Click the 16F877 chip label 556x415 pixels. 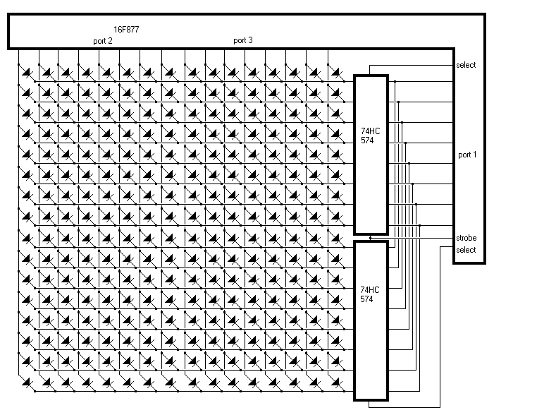(x=126, y=30)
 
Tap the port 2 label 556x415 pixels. (x=102, y=41)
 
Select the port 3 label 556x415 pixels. (x=242, y=41)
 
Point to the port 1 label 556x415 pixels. (x=467, y=154)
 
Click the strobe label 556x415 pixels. (x=466, y=238)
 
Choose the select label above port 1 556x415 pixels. (x=466, y=65)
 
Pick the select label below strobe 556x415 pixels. (x=466, y=250)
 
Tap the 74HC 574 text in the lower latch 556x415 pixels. (x=366, y=294)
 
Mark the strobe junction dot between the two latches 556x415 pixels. (x=370, y=239)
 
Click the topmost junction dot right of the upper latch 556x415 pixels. (x=395, y=82)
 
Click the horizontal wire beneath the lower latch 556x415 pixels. (x=405, y=407)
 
